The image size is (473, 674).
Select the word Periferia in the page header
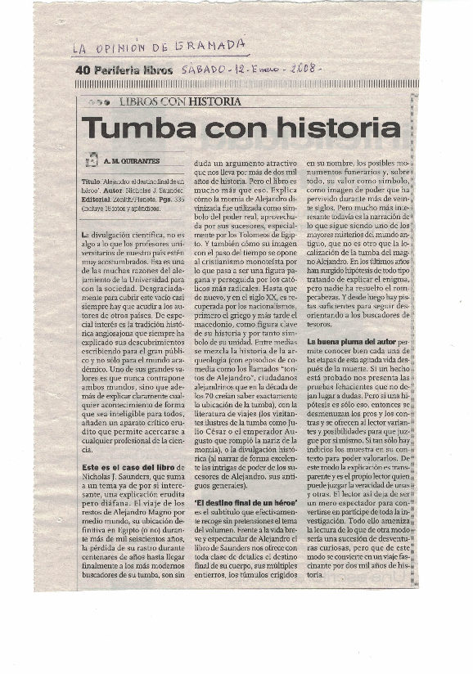[x=116, y=70]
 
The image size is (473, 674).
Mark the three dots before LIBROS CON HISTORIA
[x=99, y=102]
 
